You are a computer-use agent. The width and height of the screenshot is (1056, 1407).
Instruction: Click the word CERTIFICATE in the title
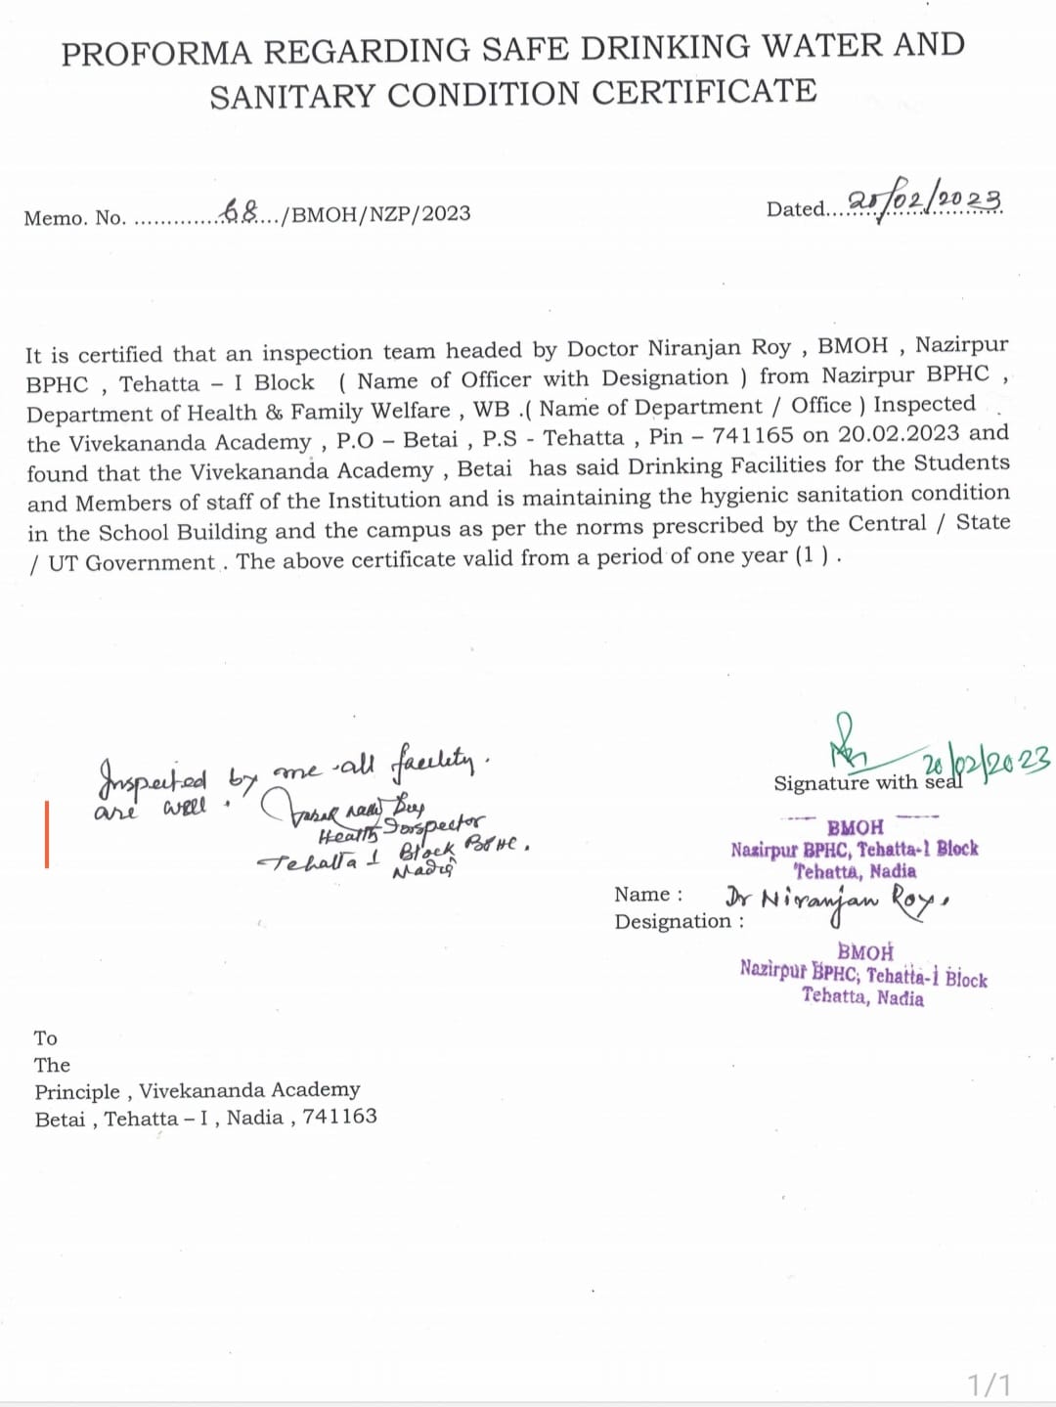704,92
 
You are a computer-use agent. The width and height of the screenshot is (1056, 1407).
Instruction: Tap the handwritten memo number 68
242,210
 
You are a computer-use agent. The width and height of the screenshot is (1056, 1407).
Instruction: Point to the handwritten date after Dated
924,201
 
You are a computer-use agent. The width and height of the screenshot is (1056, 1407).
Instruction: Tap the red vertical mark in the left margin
46,833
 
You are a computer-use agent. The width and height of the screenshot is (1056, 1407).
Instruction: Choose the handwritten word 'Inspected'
153,779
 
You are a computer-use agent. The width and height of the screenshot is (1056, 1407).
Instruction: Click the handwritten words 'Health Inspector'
401,829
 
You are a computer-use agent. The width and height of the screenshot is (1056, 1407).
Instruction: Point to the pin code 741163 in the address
339,1117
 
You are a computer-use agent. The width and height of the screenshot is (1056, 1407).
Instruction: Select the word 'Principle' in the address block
77,1091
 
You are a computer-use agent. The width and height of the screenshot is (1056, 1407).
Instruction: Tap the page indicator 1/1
990,1384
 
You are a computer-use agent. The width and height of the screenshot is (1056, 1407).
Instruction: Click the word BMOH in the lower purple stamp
865,951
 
